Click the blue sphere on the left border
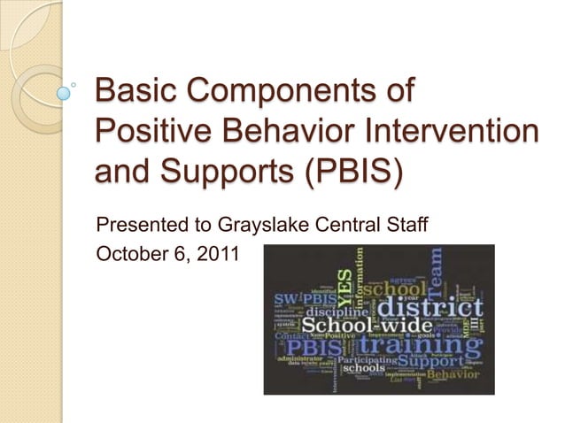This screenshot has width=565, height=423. [64, 91]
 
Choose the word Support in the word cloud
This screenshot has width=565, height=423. [430, 361]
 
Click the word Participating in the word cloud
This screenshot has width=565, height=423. [364, 360]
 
